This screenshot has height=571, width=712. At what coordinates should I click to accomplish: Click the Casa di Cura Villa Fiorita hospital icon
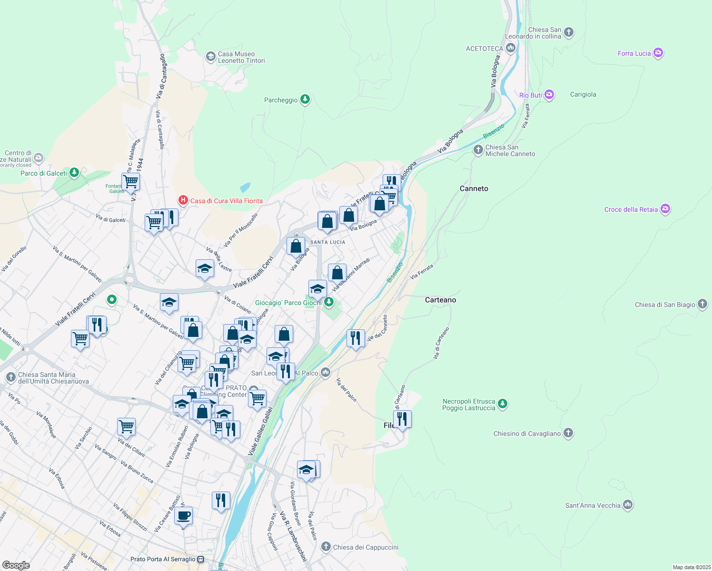183,201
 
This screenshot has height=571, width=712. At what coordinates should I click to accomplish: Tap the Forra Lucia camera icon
658,53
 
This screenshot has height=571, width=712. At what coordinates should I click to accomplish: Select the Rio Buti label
531,95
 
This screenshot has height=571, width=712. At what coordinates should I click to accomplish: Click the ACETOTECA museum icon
511,48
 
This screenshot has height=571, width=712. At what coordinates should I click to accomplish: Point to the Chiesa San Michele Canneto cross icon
478,150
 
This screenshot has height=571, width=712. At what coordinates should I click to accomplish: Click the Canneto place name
474,188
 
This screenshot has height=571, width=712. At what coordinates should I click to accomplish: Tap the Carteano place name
440,300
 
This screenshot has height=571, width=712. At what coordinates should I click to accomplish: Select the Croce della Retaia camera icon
665,209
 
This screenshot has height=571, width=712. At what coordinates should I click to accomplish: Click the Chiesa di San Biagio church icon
702,305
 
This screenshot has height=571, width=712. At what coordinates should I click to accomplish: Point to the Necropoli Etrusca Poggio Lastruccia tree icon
503,404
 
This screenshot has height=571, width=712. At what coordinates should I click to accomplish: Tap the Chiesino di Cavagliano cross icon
568,433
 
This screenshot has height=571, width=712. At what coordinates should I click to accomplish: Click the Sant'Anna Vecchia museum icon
628,505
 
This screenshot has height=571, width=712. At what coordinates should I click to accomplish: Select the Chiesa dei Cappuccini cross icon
326,547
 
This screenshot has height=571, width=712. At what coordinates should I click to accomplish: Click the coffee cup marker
183,515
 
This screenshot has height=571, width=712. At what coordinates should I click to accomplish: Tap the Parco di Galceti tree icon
74,173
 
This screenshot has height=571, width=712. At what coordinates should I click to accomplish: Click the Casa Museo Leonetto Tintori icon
210,57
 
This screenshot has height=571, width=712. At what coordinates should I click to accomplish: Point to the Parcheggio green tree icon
305,99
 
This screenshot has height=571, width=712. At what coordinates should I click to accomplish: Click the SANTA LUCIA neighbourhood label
327,242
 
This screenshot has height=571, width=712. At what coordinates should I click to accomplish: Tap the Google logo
16,565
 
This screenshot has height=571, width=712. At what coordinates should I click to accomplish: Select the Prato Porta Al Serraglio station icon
201,559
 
